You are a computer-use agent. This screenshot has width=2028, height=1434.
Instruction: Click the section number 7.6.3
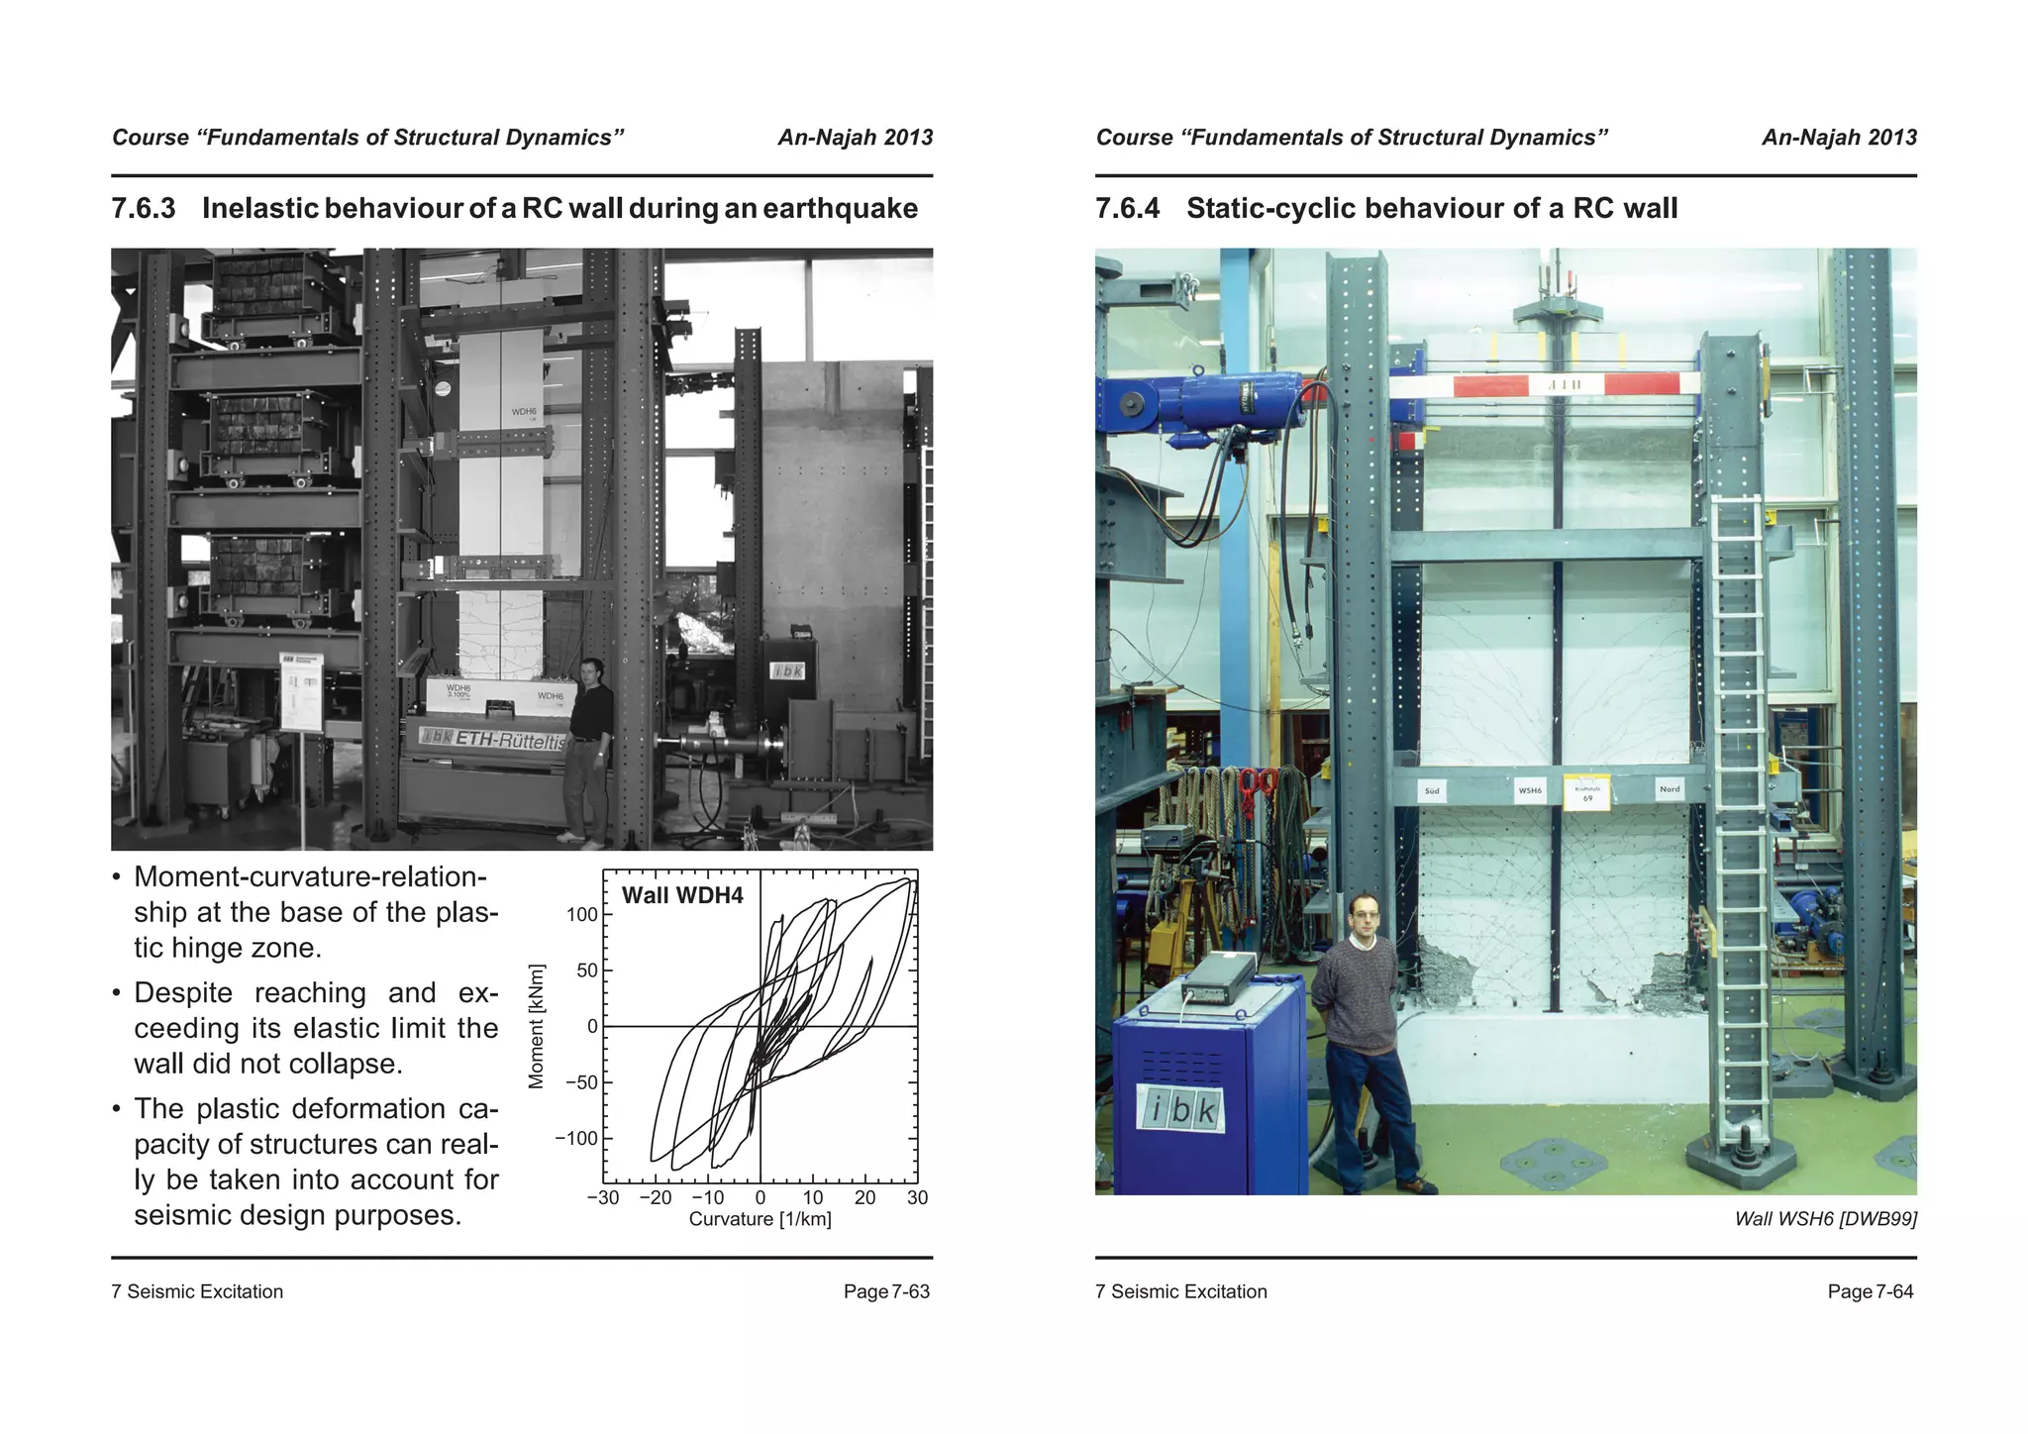point(144,209)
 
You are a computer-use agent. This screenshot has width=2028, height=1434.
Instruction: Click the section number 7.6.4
point(1127,209)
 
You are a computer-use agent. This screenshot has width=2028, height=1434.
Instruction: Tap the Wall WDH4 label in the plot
point(681,896)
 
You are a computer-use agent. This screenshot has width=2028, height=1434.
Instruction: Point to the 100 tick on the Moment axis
point(583,915)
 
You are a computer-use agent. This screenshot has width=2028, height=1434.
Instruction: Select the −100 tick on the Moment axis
point(577,1139)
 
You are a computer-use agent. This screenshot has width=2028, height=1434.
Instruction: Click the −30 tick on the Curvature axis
point(602,1198)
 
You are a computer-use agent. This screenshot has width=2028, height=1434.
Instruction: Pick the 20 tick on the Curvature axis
point(864,1198)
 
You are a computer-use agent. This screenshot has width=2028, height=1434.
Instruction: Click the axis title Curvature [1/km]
point(760,1220)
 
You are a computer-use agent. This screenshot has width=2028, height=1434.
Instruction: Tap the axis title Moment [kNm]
point(537,1026)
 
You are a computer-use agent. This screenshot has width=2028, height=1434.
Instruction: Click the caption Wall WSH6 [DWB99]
point(1825,1219)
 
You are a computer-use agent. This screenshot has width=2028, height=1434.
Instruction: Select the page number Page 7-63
point(886,1291)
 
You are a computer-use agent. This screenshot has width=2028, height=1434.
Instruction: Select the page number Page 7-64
point(1870,1291)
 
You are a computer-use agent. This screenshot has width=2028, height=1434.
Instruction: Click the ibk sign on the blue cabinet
point(1181,1110)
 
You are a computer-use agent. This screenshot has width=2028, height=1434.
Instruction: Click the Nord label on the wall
point(1669,789)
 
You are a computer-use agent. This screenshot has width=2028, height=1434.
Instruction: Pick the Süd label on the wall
point(1432,791)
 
